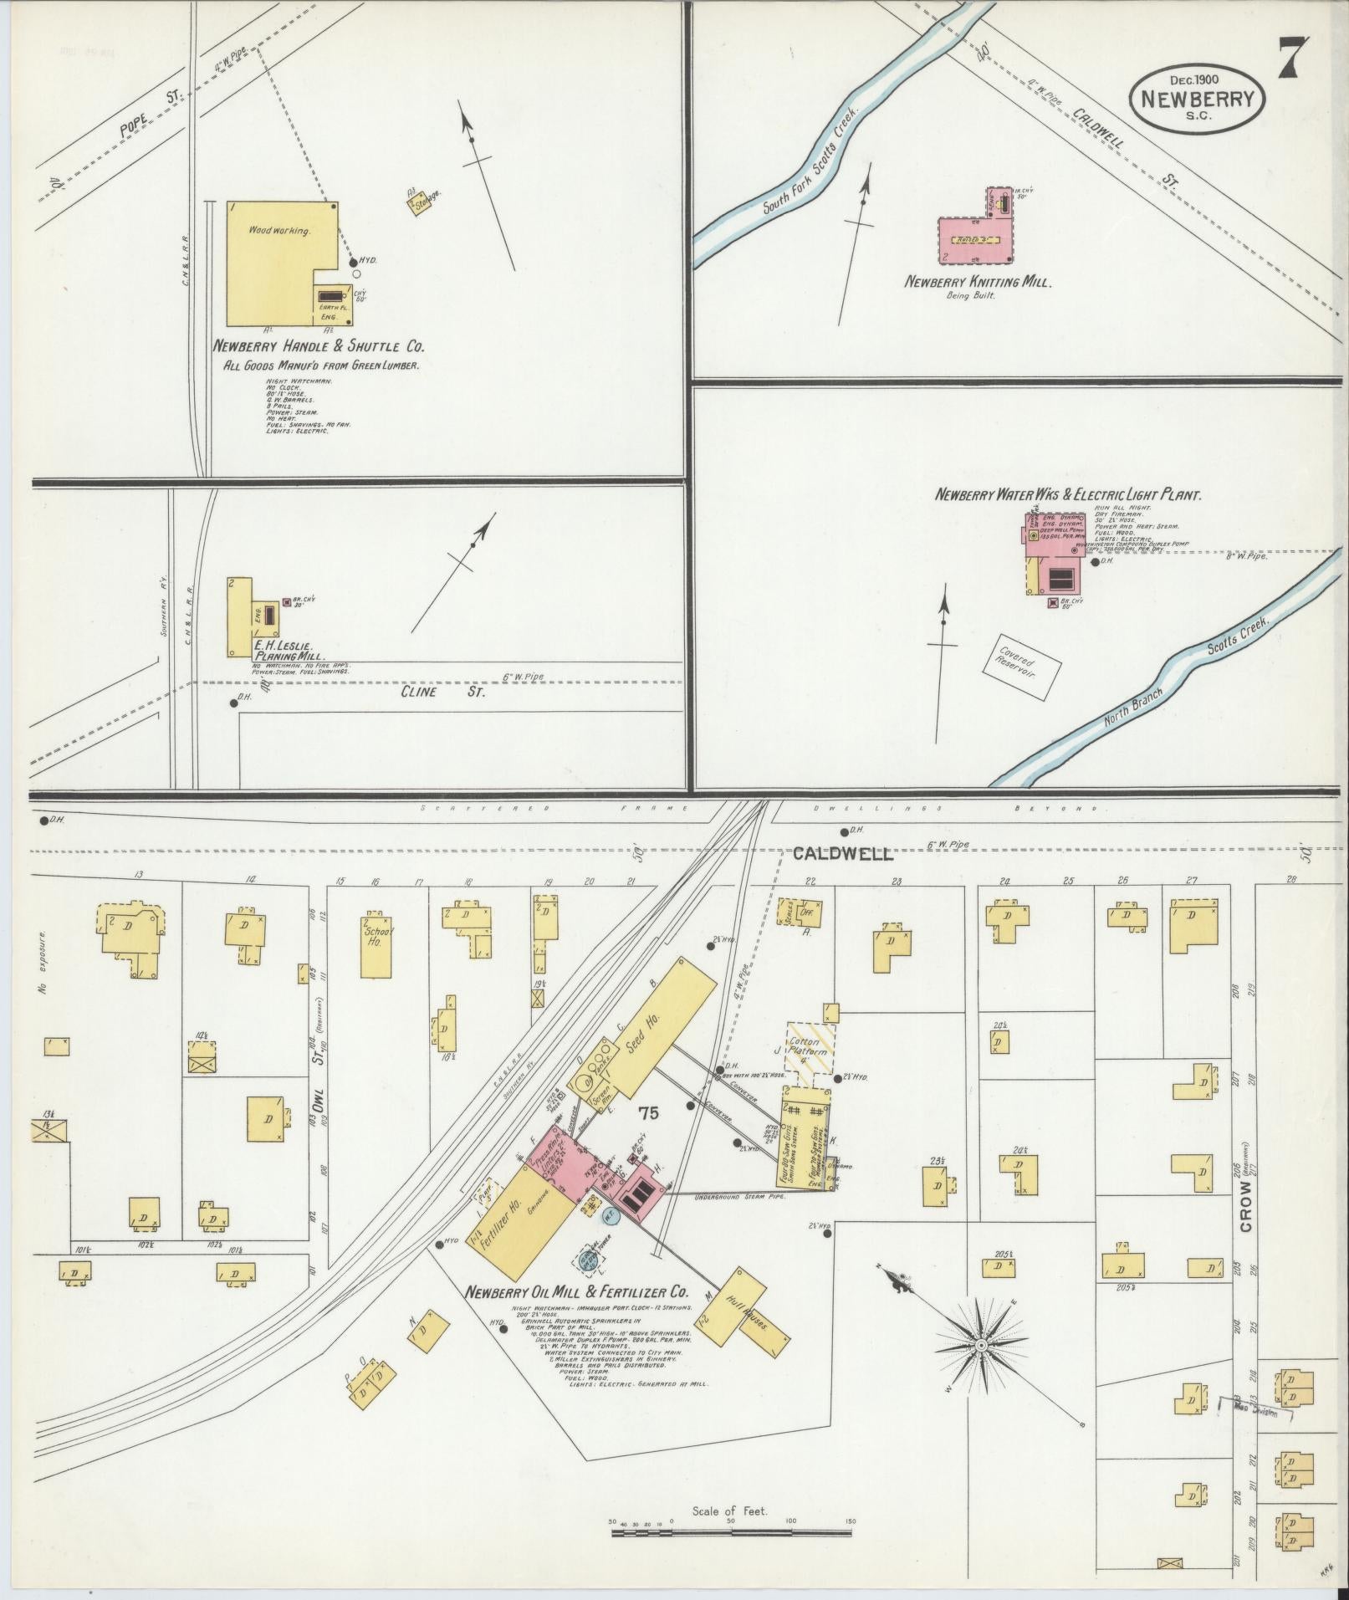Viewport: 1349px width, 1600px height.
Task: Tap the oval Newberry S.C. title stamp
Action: [x=1198, y=99]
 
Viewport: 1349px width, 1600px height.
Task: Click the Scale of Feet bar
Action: [x=732, y=1535]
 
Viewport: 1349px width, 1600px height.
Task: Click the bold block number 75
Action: [x=647, y=1112]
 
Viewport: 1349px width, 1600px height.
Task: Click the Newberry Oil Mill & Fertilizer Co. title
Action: [x=576, y=1292]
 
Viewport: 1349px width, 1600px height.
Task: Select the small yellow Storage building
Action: [x=420, y=202]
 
